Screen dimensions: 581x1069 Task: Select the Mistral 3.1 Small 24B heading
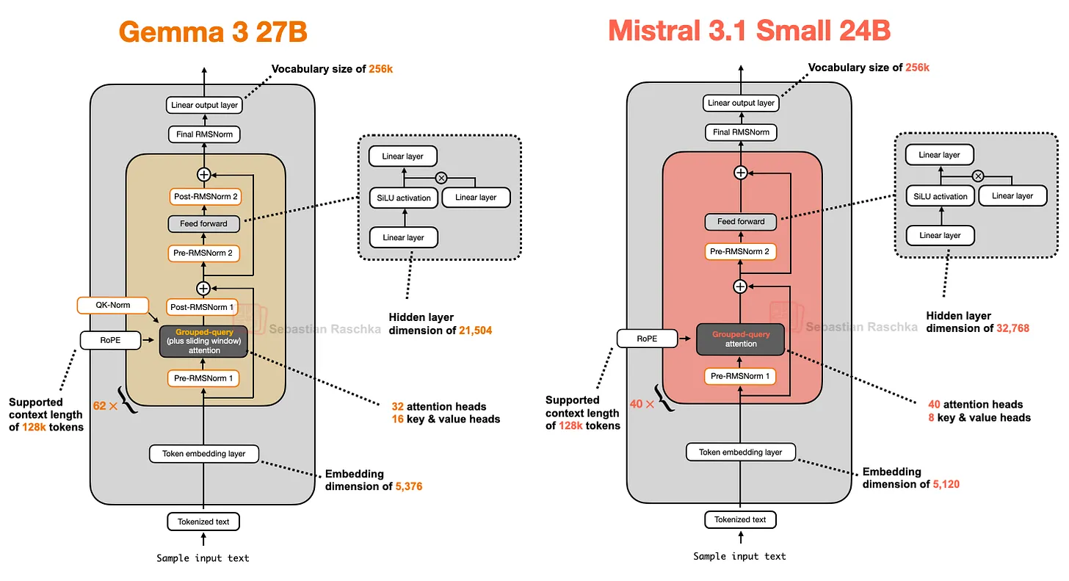(x=749, y=30)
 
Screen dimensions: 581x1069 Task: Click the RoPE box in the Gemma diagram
(x=109, y=340)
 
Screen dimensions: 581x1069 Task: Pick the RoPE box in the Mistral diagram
(x=647, y=339)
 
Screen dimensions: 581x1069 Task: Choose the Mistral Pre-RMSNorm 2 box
(x=741, y=252)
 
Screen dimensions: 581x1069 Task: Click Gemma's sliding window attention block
(x=204, y=342)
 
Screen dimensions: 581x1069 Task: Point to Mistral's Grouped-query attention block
(x=741, y=339)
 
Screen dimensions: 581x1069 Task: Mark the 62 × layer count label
(x=106, y=405)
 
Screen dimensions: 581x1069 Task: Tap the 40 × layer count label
(x=642, y=403)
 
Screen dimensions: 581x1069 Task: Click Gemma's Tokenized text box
(x=204, y=522)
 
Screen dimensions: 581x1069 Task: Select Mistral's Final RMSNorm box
(x=741, y=132)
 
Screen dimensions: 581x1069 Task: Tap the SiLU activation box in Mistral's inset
(x=940, y=196)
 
